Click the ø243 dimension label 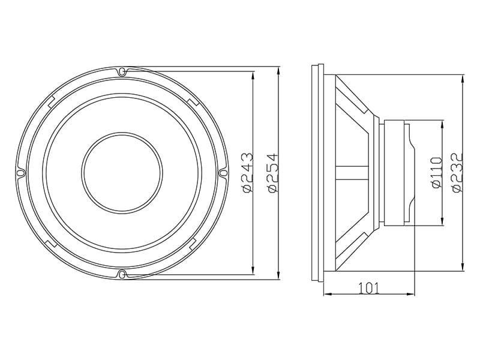(248, 173)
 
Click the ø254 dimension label (272, 173)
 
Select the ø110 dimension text (437, 172)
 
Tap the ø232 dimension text (457, 172)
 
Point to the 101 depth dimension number (368, 288)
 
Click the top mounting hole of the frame (122, 71)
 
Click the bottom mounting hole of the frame (122, 274)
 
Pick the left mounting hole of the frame (20, 173)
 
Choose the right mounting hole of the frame (223, 173)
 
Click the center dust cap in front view (122, 173)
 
